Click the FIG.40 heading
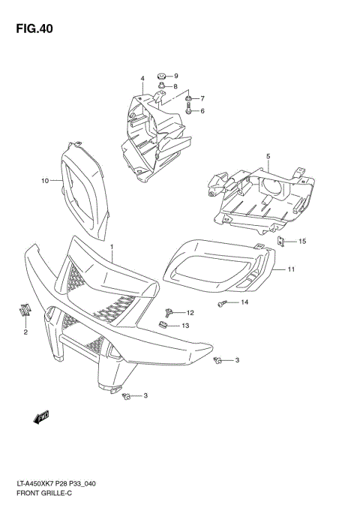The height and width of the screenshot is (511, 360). [31, 29]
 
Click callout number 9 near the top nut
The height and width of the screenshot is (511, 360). [175, 77]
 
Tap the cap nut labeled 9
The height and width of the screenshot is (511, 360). [160, 76]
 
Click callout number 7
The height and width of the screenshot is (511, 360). [202, 98]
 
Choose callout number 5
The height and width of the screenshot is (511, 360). [266, 157]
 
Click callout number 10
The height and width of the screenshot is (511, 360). [45, 181]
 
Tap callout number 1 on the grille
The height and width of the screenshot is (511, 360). [112, 247]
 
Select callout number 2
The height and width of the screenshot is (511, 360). [25, 332]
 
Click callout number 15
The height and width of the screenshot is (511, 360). [302, 242]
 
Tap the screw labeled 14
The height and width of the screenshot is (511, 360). [222, 303]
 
